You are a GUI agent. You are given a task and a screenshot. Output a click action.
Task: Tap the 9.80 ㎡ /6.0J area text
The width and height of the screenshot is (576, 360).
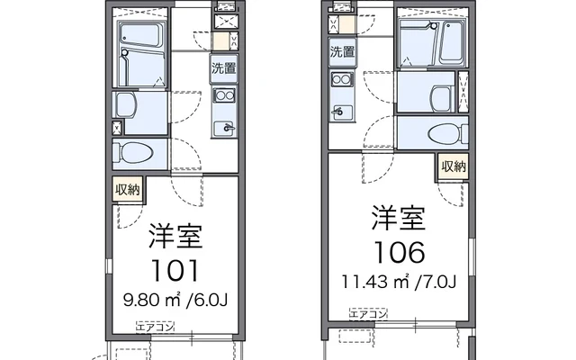click(175, 297)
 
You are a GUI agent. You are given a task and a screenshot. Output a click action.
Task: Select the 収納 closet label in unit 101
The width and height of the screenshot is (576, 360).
click(127, 189)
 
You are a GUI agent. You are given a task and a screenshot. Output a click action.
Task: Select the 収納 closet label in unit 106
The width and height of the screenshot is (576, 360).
click(454, 166)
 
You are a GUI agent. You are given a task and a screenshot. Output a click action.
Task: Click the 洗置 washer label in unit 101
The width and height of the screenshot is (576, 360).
click(223, 68)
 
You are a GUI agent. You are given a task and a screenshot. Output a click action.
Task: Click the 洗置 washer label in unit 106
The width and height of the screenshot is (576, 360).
click(342, 51)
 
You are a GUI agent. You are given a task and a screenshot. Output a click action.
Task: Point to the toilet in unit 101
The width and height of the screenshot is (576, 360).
click(135, 152)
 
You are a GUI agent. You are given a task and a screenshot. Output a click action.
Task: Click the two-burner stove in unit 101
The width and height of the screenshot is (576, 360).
click(223, 96)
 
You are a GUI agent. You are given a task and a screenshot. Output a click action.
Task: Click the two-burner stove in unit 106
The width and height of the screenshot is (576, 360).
click(341, 81)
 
